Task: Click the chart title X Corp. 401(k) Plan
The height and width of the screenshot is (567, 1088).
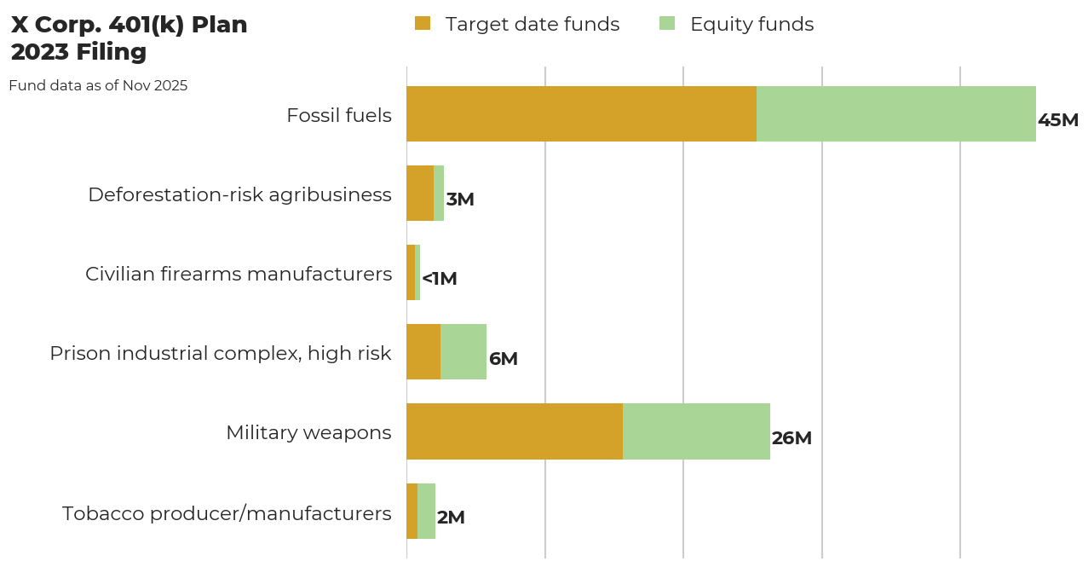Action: pos(129,26)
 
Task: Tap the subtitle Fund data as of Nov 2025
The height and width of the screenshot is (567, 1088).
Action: pos(98,86)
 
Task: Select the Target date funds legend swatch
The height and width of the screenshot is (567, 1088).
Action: pos(423,24)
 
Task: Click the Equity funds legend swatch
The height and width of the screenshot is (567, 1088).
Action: pos(667,24)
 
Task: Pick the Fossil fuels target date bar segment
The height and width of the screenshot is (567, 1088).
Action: pos(581,113)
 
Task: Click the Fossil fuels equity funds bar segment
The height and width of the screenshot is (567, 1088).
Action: pos(895,113)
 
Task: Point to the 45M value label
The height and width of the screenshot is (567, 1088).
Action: pos(1057,120)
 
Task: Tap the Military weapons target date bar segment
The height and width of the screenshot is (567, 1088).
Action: pos(514,431)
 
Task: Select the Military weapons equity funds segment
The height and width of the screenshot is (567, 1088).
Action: pos(696,431)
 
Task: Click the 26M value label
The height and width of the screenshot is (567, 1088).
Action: pos(792,438)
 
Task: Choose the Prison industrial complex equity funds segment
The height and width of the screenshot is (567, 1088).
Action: pos(463,351)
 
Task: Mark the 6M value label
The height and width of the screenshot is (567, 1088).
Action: pos(503,359)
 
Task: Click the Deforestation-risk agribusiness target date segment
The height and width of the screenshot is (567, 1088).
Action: pos(420,193)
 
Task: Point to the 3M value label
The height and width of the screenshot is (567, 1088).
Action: pos(460,200)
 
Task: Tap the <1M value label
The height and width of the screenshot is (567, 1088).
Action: pos(440,279)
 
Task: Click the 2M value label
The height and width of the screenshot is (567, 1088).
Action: pos(451,518)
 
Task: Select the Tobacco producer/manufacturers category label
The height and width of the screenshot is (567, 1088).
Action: pos(227,513)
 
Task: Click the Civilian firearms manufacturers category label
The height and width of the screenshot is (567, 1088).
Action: pos(239,274)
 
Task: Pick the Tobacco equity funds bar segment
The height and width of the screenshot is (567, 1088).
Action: pos(426,511)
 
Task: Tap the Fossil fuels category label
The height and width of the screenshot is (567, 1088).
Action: pos(339,115)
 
